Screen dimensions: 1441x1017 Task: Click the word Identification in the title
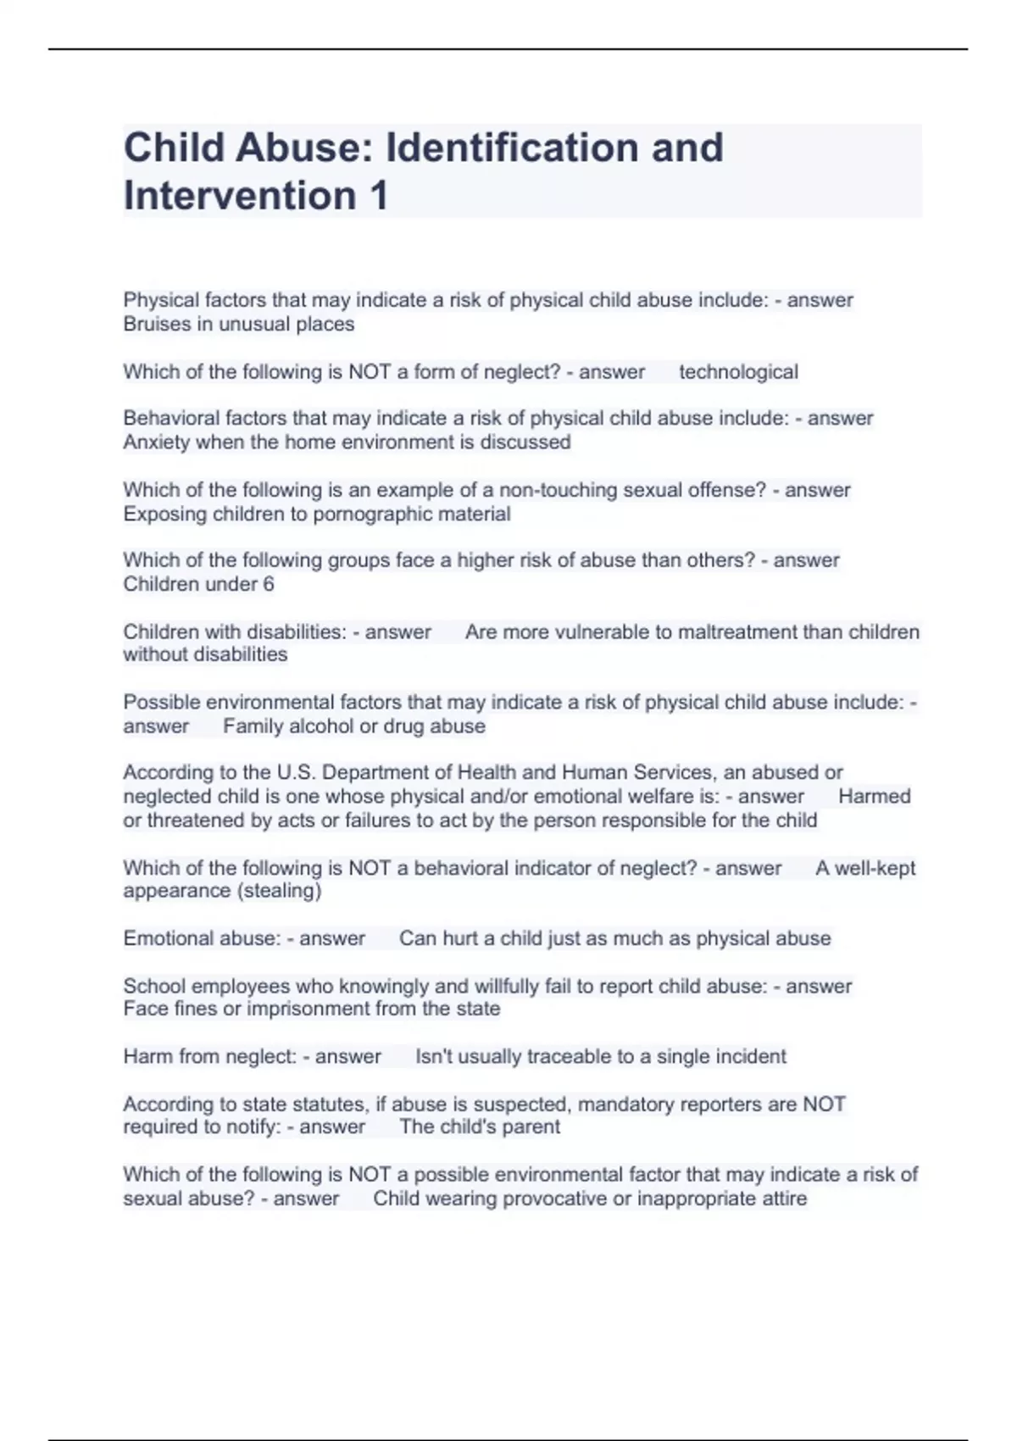[x=512, y=147]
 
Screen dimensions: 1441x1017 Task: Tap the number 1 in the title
[x=378, y=196]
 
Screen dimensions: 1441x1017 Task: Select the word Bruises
[x=154, y=324]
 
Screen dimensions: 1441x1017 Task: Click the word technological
[x=738, y=372]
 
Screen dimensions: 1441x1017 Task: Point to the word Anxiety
[x=156, y=442]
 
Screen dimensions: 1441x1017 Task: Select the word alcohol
[x=322, y=726]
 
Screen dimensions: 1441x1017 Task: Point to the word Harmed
[x=874, y=797]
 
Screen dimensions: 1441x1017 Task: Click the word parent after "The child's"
[x=531, y=1127]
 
